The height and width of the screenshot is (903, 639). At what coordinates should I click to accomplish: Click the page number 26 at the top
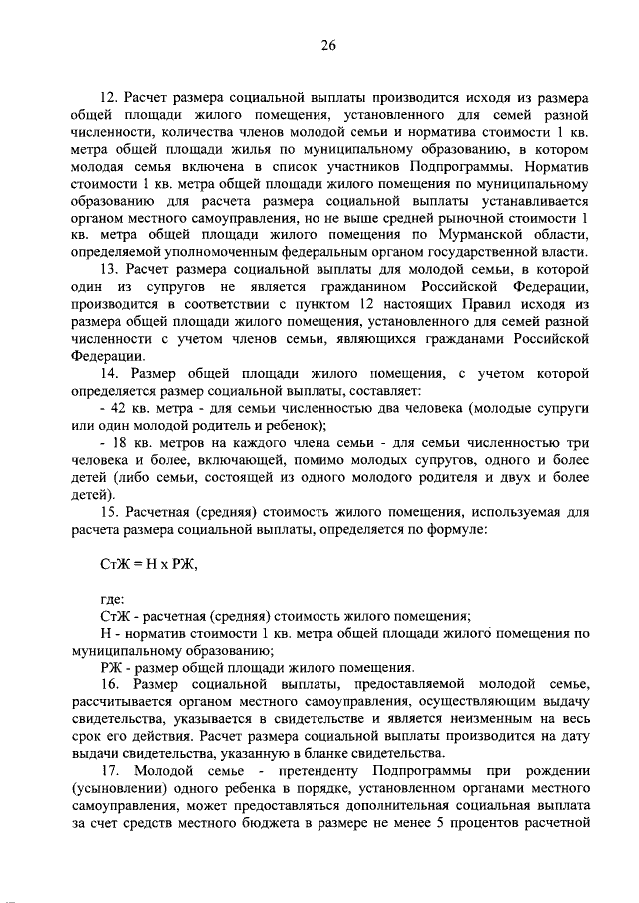(x=329, y=46)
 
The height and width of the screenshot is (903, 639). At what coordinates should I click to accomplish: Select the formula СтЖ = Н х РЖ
(x=136, y=565)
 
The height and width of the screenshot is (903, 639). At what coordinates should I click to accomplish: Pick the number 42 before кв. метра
(x=122, y=410)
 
